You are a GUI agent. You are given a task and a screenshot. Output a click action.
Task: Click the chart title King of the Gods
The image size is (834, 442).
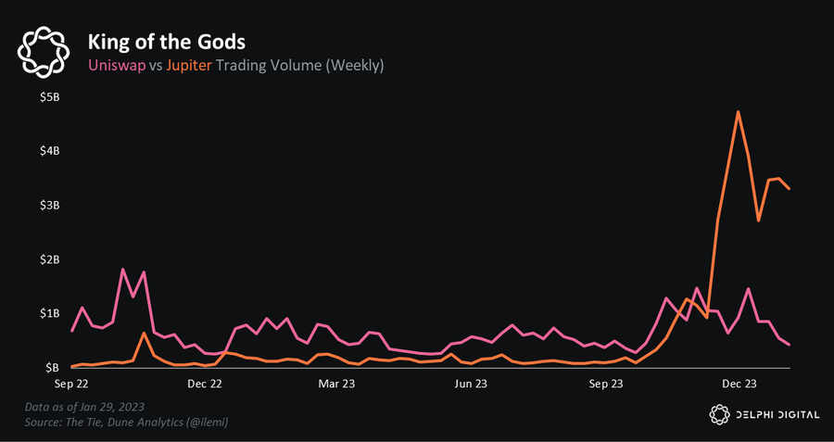click(166, 42)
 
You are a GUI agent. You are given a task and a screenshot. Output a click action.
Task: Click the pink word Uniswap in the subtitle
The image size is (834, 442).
click(116, 66)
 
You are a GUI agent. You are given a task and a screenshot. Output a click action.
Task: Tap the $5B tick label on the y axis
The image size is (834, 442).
click(47, 97)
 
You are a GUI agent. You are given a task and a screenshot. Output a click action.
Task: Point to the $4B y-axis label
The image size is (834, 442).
click(47, 151)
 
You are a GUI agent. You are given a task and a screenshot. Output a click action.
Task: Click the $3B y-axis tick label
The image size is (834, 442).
click(47, 205)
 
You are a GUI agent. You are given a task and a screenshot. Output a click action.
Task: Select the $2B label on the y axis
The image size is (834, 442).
click(47, 259)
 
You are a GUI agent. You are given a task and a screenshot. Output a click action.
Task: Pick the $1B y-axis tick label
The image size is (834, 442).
click(47, 313)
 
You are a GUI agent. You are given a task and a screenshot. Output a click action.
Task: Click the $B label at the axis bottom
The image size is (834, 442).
click(50, 367)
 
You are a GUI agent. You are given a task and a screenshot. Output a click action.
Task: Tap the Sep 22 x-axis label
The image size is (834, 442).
click(72, 382)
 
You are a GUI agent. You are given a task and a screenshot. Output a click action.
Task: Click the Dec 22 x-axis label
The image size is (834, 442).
click(206, 382)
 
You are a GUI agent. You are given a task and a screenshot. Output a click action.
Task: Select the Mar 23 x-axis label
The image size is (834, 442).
click(336, 382)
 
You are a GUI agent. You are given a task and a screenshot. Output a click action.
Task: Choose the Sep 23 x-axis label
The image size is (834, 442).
click(606, 382)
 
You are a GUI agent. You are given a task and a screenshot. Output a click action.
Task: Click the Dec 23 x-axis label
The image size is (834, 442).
click(739, 382)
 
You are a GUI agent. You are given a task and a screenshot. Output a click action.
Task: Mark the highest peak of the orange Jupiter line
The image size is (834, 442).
click(738, 112)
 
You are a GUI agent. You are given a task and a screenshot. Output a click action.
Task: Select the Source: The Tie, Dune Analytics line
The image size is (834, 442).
click(127, 423)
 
